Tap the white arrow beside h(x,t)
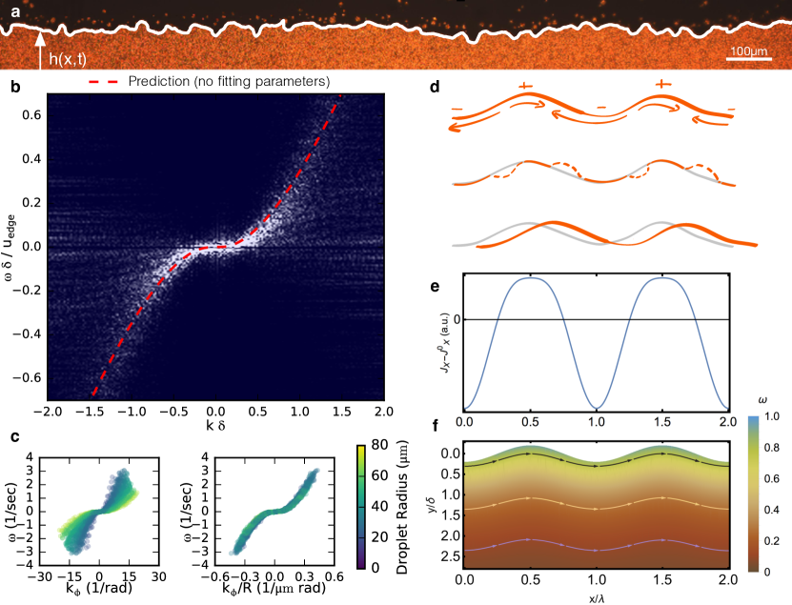pos(39,53)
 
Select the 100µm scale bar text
pos(748,50)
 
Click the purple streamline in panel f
pos(597,547)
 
